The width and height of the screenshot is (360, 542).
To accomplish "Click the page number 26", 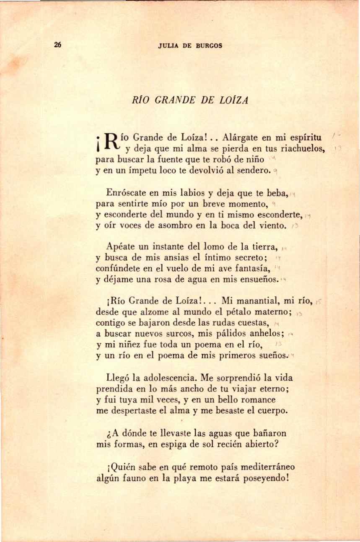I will (x=58, y=45).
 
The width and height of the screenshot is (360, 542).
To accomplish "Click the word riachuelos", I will (x=303, y=148).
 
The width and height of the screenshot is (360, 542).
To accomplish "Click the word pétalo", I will (x=228, y=311).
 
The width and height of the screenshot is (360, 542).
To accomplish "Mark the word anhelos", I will (x=267, y=334).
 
